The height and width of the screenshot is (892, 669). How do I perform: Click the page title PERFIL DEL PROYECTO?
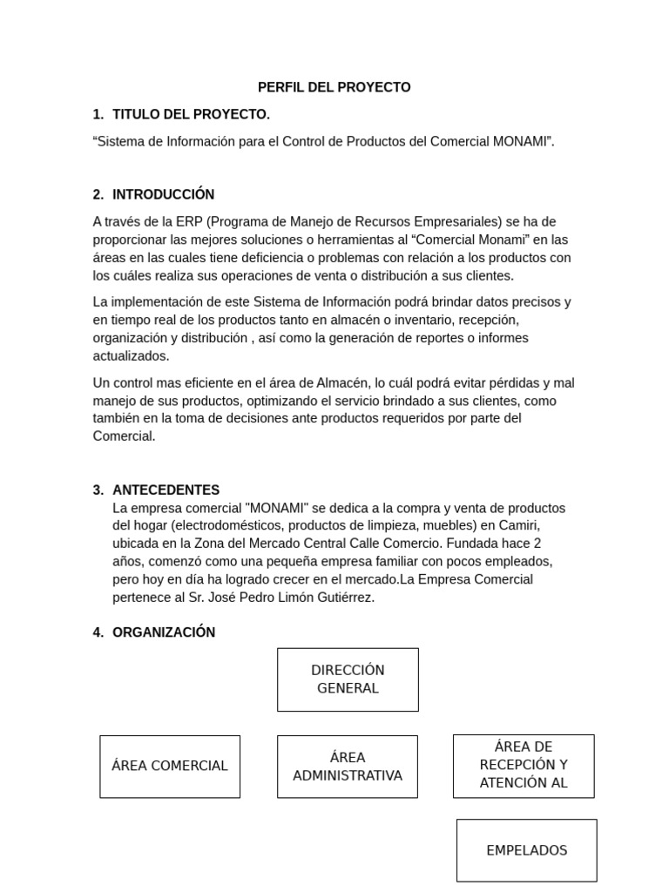[334, 87]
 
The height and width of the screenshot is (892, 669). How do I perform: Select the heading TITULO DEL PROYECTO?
[191, 114]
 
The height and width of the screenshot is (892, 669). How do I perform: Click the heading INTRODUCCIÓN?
[163, 194]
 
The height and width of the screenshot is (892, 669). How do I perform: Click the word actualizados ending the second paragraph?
[132, 355]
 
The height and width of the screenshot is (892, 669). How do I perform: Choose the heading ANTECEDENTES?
[166, 490]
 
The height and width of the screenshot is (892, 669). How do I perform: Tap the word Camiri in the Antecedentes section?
[520, 525]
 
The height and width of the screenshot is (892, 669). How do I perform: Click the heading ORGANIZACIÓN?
[164, 632]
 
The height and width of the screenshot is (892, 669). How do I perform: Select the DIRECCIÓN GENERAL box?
[348, 679]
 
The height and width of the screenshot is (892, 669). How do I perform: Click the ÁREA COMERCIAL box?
[170, 766]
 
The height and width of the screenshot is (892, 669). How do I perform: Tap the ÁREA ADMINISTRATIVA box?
[348, 767]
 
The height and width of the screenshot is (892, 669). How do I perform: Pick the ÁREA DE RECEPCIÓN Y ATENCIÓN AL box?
[524, 765]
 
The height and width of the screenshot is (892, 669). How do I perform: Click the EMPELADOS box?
[526, 850]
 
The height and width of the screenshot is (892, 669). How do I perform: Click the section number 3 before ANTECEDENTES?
[98, 490]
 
